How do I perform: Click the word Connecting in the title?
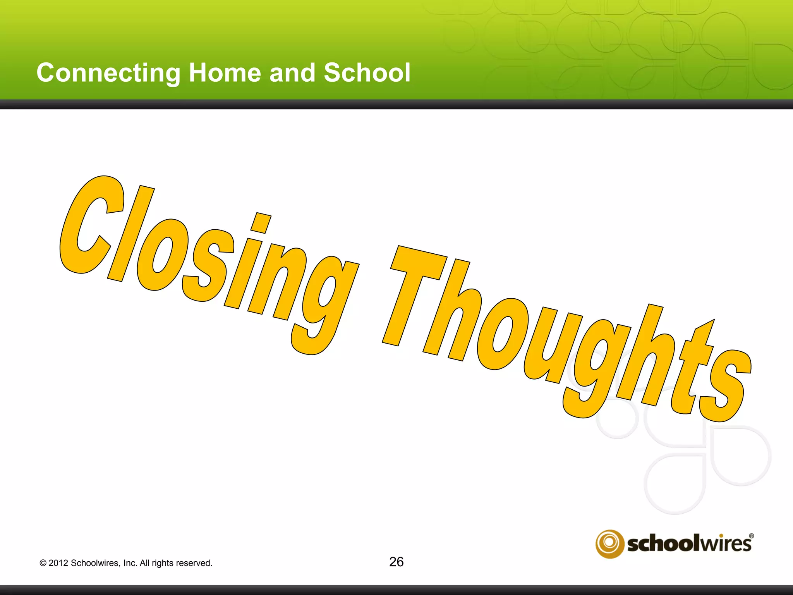[x=108, y=73]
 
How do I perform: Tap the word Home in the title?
[x=225, y=73]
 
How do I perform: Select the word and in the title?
[x=292, y=73]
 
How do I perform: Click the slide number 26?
[x=396, y=562]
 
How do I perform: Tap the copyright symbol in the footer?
[x=43, y=563]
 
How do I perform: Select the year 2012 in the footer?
[x=58, y=563]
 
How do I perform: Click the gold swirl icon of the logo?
[x=609, y=543]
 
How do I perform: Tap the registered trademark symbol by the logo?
[x=751, y=537]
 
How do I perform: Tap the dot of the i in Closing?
[x=261, y=223]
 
